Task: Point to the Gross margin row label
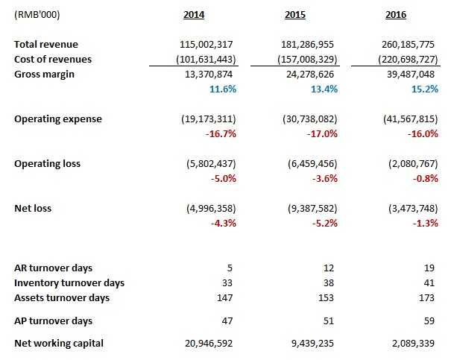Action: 45,73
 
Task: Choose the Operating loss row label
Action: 47,163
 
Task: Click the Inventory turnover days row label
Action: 69,283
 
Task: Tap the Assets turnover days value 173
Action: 428,298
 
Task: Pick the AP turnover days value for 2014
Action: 227,320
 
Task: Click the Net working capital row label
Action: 60,343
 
